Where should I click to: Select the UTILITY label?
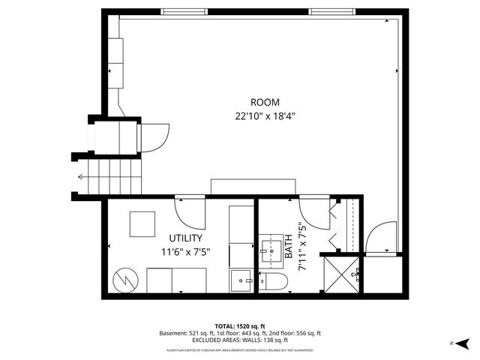click(185, 238)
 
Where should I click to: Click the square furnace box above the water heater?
click(142, 223)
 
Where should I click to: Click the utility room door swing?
click(191, 212)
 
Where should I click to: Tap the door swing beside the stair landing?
click(155, 136)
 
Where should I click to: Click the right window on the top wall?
click(331, 11)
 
